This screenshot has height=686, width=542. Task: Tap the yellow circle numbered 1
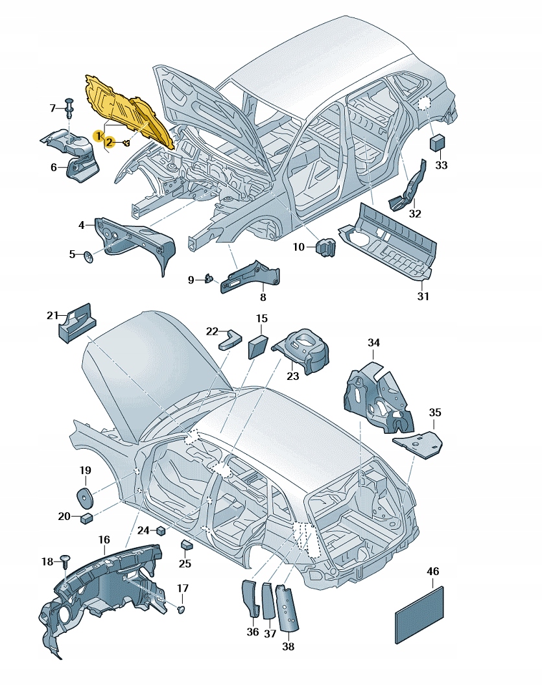pyautogui.click(x=97, y=136)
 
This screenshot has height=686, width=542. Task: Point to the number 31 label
pyautogui.click(x=423, y=297)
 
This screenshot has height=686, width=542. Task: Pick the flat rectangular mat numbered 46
pyautogui.click(x=419, y=615)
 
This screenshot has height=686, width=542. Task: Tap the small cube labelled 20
pyautogui.click(x=86, y=517)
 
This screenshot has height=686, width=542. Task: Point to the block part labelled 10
pyautogui.click(x=325, y=247)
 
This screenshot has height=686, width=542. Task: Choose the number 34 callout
pyautogui.click(x=373, y=342)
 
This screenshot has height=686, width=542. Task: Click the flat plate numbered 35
pyautogui.click(x=418, y=445)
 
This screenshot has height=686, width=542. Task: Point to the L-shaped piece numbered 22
pyautogui.click(x=230, y=338)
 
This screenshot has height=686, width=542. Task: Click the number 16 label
pyautogui.click(x=104, y=539)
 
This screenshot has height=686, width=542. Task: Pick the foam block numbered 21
pyautogui.click(x=77, y=322)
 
